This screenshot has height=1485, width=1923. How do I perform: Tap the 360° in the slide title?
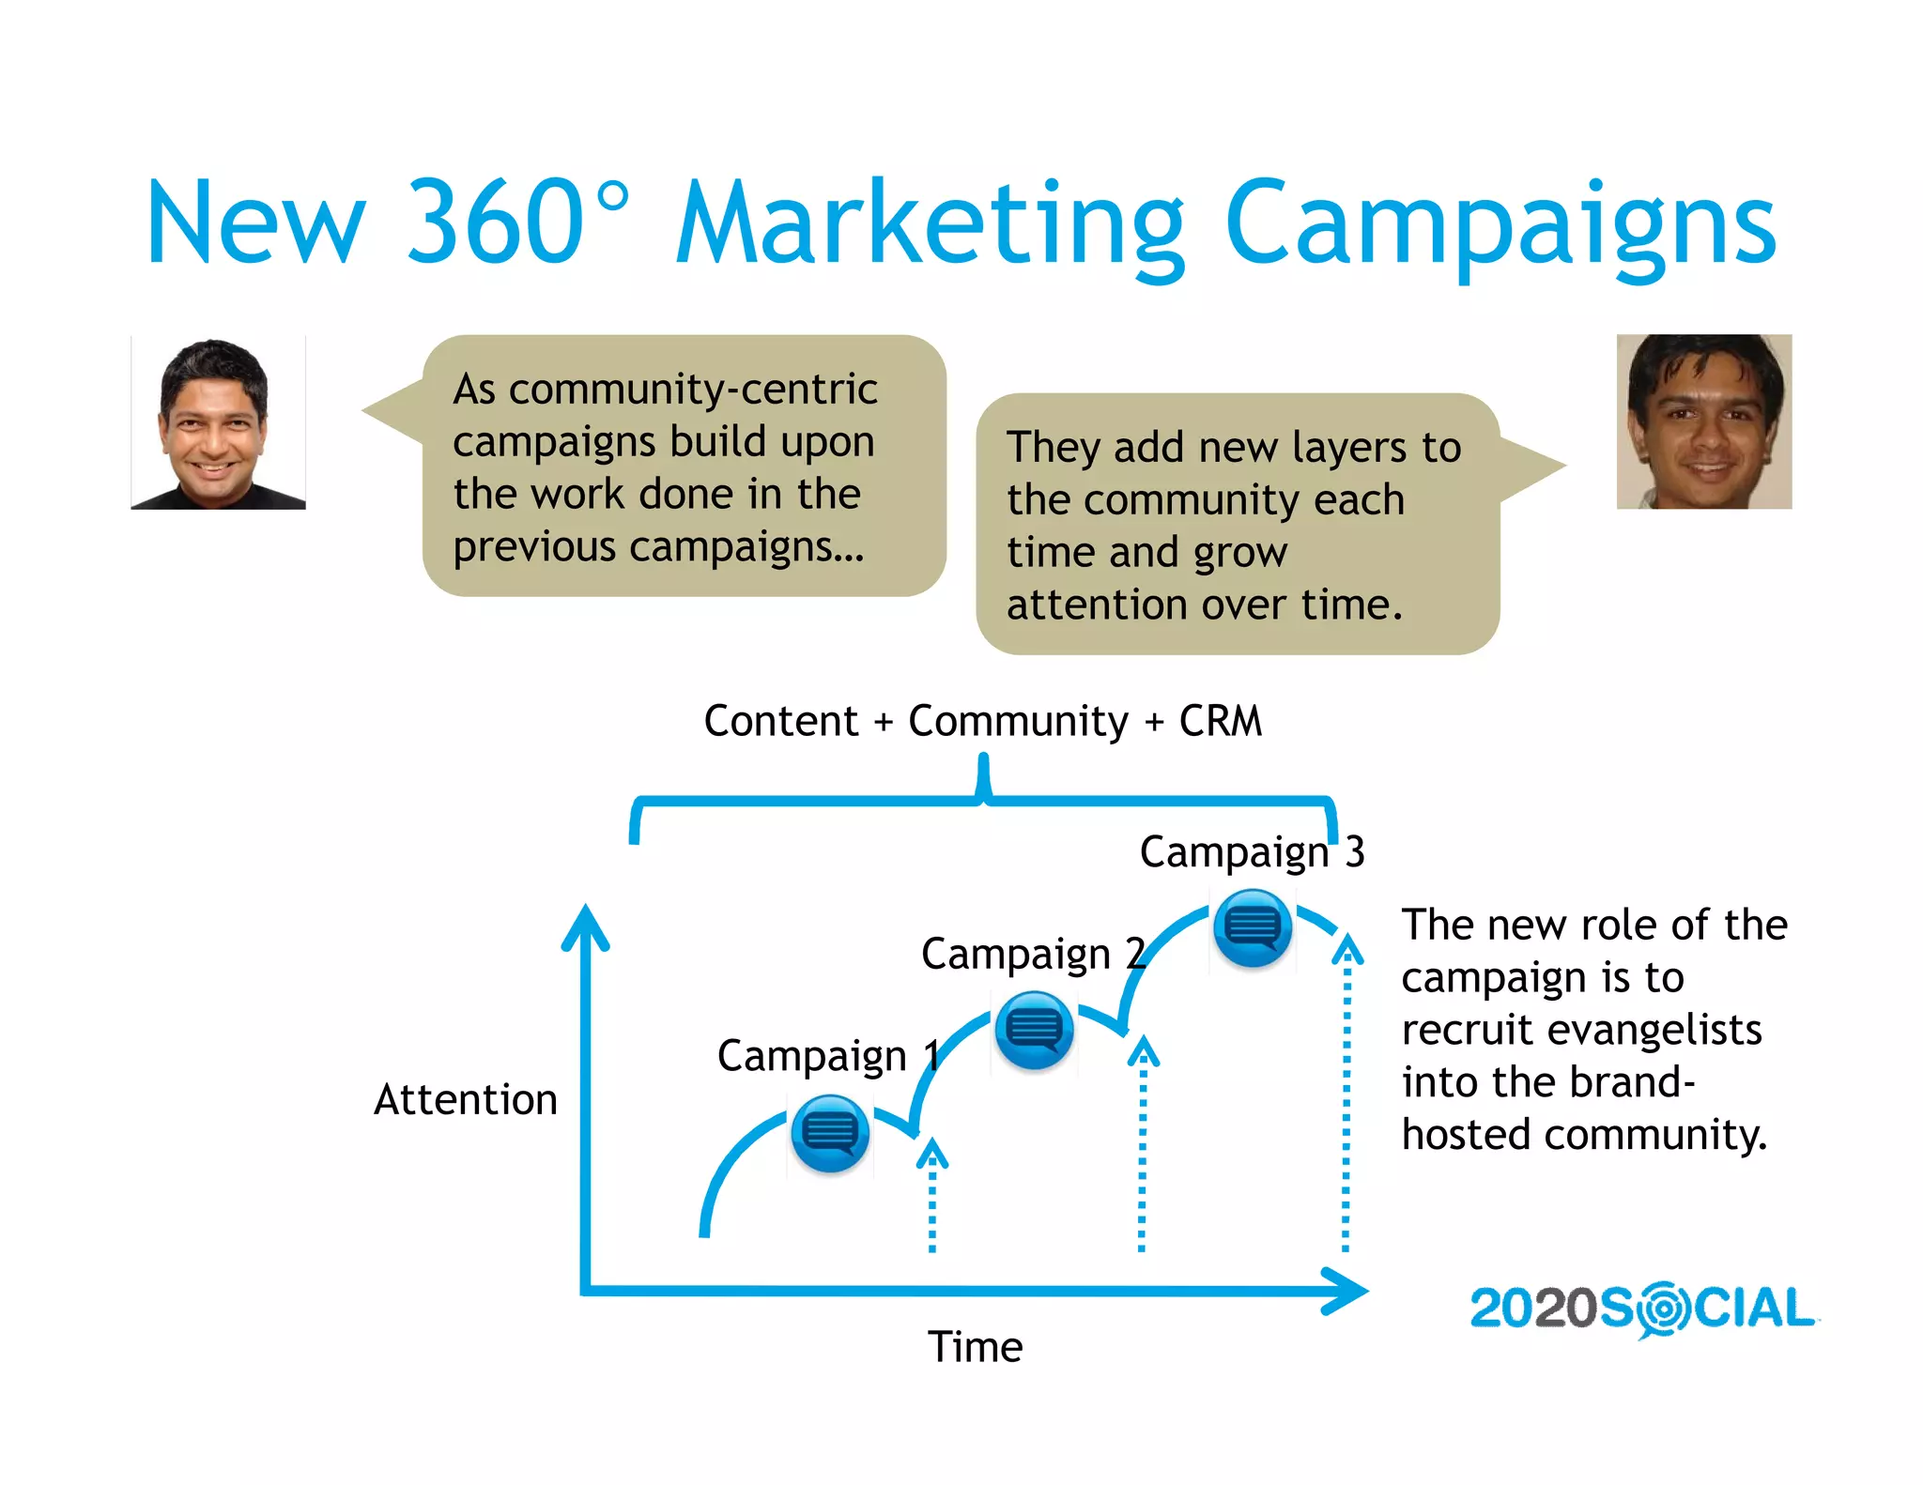[x=516, y=222]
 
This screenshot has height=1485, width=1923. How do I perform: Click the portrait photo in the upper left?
[x=218, y=422]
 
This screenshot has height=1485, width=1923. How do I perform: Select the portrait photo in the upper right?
[x=1703, y=421]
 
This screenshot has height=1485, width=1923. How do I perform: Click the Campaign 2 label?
[x=1033, y=955]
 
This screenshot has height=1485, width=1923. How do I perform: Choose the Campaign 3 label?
[x=1252, y=852]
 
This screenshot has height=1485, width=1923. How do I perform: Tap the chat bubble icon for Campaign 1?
[x=830, y=1133]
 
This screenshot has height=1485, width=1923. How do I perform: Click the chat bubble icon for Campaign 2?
[x=1034, y=1030]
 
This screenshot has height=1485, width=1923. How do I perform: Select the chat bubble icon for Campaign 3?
[x=1252, y=927]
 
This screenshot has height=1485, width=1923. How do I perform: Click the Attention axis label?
[x=466, y=1100]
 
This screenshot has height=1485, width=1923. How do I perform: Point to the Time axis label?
[x=975, y=1347]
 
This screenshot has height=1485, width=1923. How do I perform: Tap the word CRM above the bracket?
[x=1221, y=722]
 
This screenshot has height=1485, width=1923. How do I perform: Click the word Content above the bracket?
[x=781, y=722]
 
